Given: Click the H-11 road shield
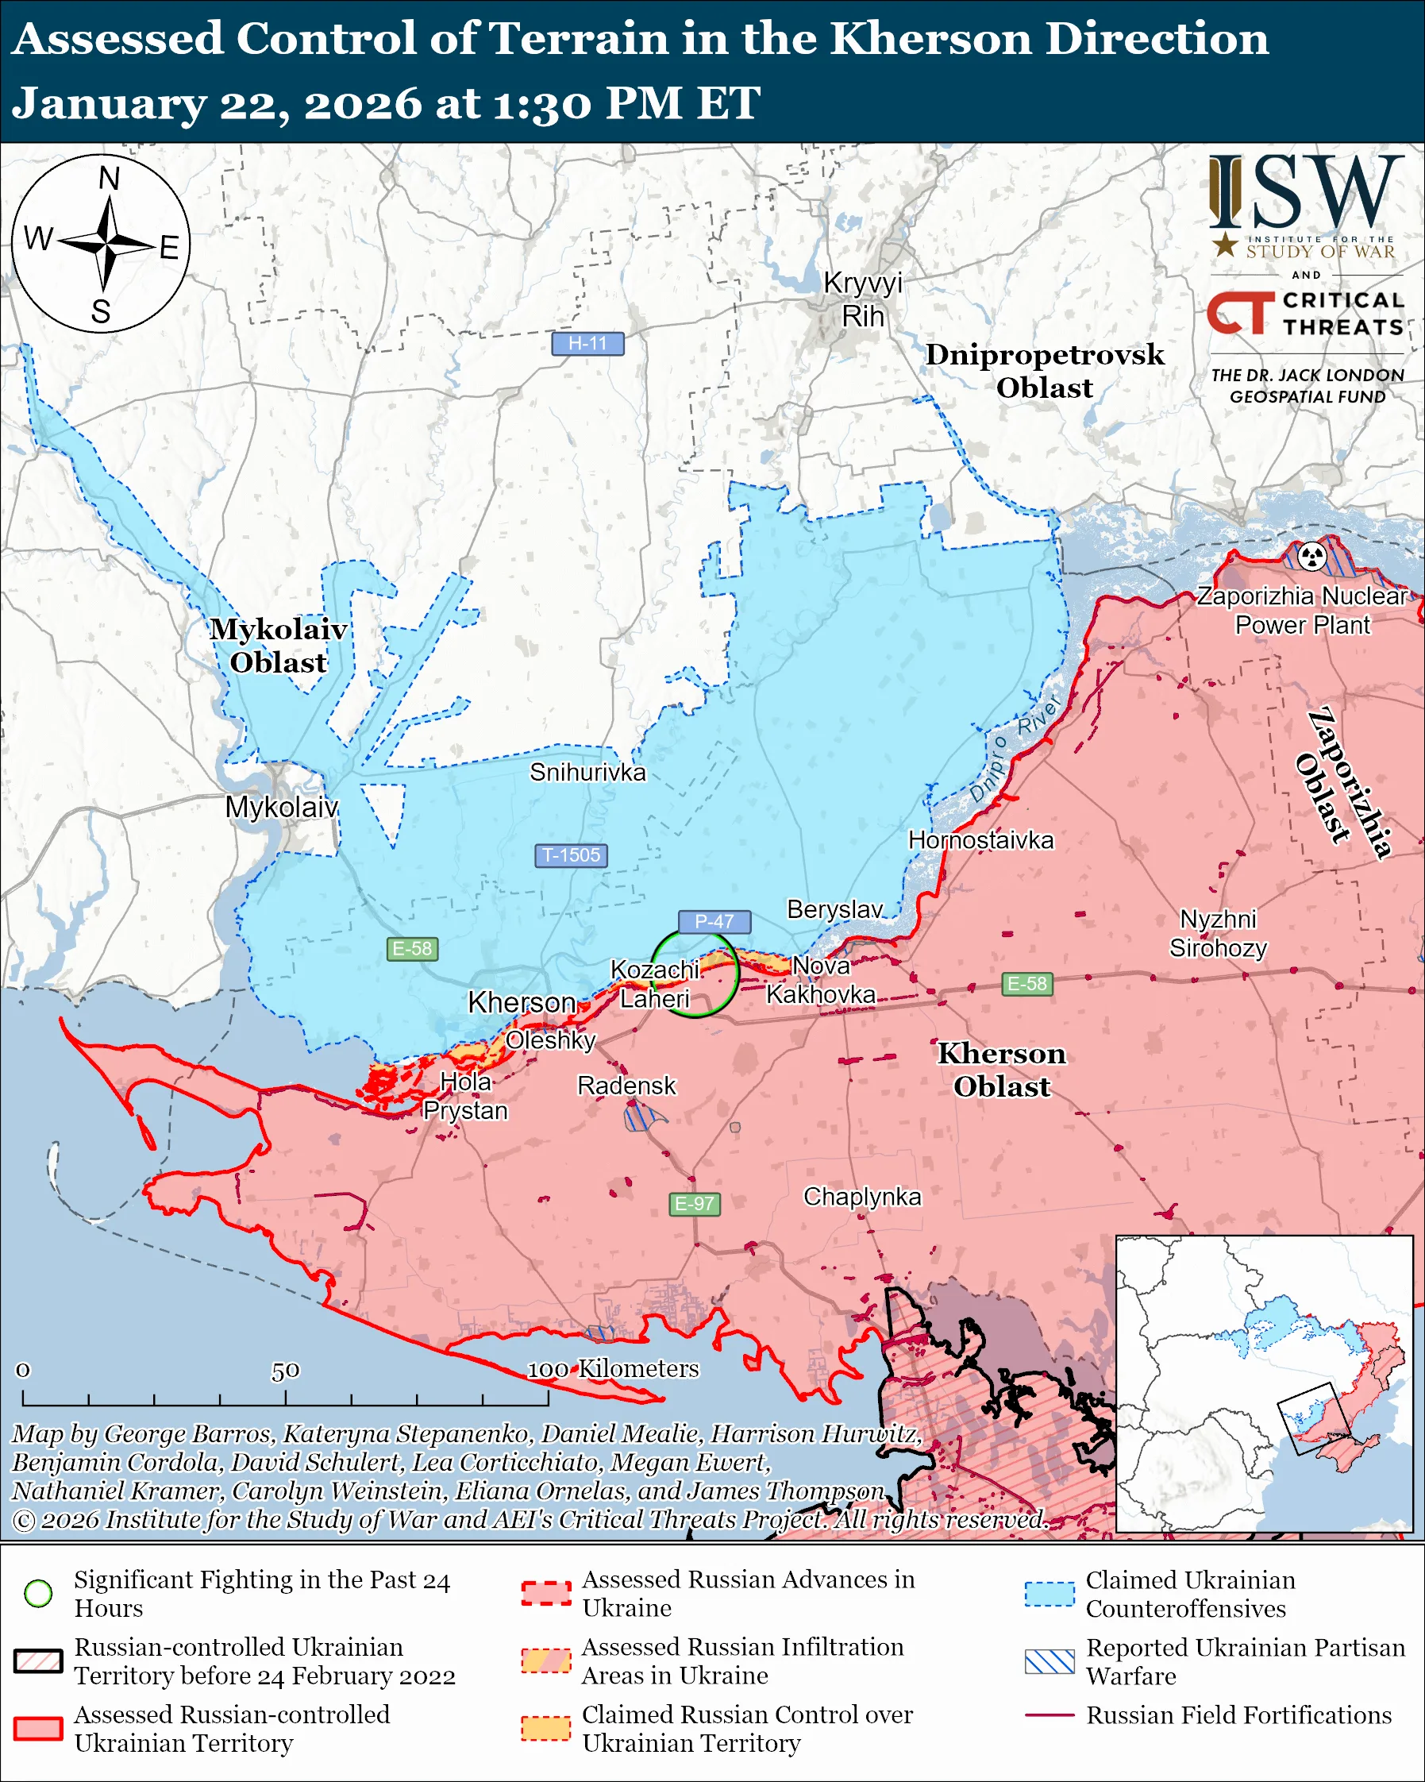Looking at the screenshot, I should (x=587, y=343).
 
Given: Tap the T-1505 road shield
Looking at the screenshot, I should (x=571, y=854).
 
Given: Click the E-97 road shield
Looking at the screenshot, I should (x=694, y=1203).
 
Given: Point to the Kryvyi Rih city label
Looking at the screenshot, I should (x=862, y=299).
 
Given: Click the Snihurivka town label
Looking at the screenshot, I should (x=587, y=772).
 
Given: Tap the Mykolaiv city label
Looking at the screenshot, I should (x=282, y=807).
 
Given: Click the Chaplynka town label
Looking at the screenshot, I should (x=861, y=1196).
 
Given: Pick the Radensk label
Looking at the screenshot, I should (x=626, y=1086).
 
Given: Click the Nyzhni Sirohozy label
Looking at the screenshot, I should (x=1218, y=933).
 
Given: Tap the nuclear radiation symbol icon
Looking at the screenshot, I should (x=1311, y=556).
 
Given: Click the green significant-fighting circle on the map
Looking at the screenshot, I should (x=694, y=973).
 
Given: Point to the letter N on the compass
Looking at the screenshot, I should (x=109, y=179).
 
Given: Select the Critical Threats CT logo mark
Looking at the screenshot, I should (x=1239, y=312).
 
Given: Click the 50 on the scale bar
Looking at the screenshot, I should (x=285, y=1371).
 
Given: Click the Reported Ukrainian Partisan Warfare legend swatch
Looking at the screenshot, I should (x=1049, y=1661).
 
